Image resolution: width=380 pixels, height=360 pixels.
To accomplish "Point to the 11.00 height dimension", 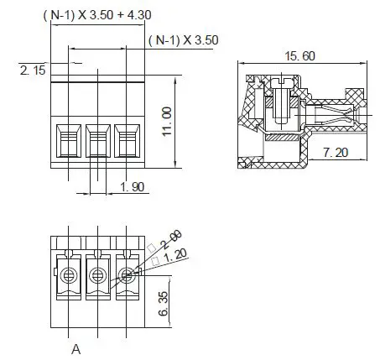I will [x=167, y=122].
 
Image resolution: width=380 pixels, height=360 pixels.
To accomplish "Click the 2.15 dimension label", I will [x=34, y=70].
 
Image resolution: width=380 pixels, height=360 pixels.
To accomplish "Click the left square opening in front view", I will [x=67, y=137].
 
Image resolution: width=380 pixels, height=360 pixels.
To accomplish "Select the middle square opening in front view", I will [x=97, y=137].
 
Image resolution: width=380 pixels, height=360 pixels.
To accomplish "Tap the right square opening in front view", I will [x=127, y=137].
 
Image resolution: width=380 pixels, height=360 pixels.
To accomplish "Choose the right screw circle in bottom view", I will [x=127, y=274].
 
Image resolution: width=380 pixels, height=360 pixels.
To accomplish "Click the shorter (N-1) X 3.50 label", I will [x=182, y=40].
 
